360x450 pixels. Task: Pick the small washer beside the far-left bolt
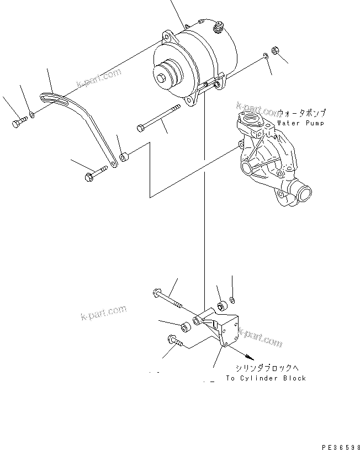[x=33, y=114]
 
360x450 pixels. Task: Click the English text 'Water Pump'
[x=301, y=123]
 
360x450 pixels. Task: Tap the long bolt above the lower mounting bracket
[x=168, y=298]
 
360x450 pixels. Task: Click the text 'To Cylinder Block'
[x=266, y=378]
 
